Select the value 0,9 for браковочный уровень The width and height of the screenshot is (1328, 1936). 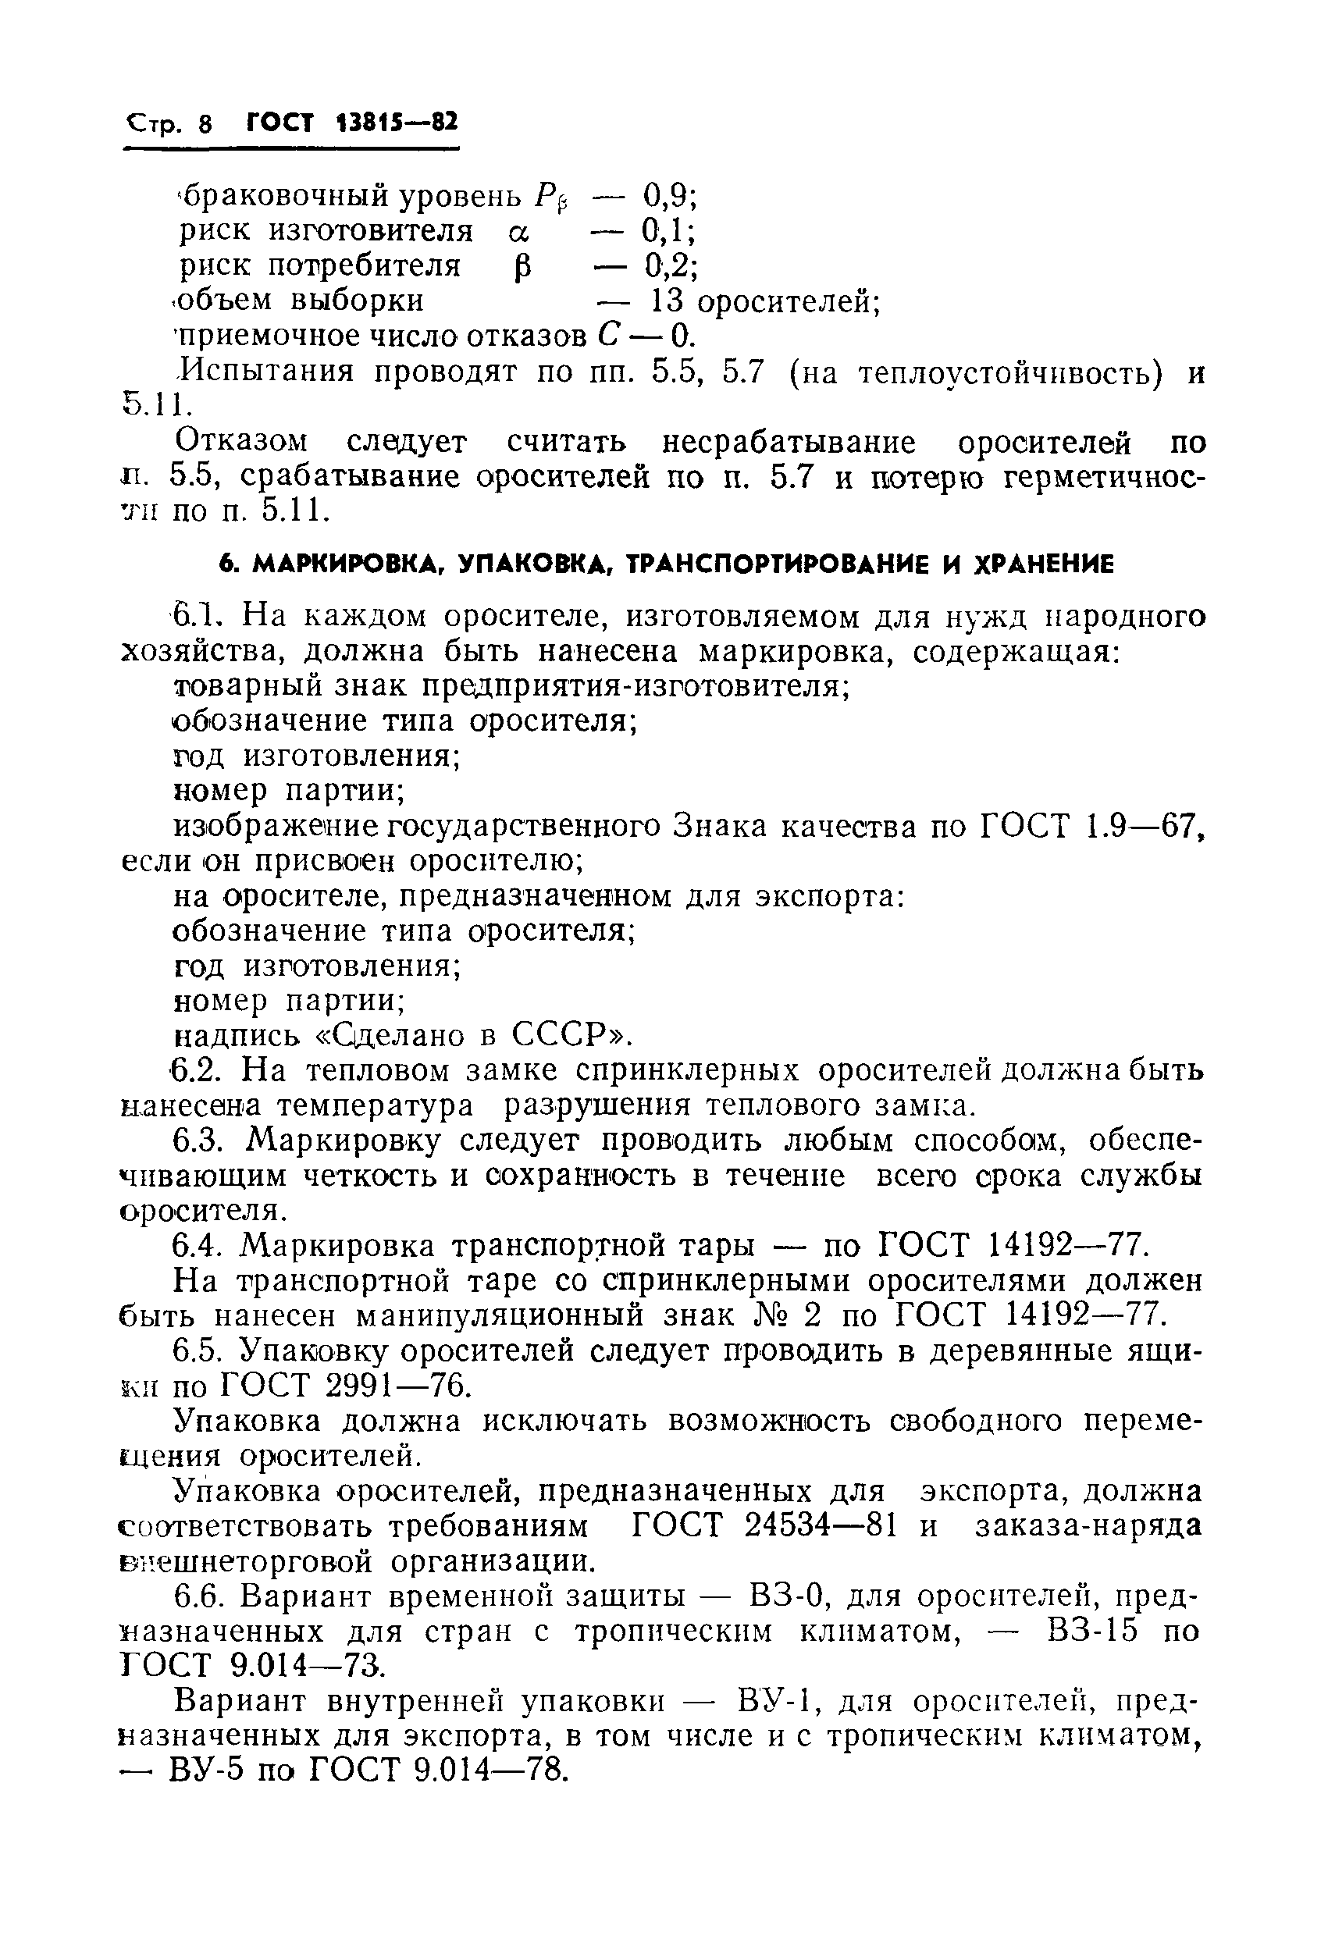coord(668,197)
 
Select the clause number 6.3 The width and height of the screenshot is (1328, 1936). coord(199,1141)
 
